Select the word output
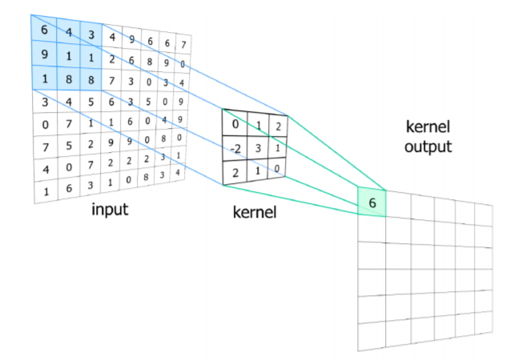coord(428,147)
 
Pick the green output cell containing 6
coord(371,202)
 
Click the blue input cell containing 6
coord(44,30)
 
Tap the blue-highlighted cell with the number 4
coord(70,33)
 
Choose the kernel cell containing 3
coord(258,147)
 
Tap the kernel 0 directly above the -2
coord(235,124)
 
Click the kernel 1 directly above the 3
coord(258,125)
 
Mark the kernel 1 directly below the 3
coord(258,170)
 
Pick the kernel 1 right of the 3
coord(277,147)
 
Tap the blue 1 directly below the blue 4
coord(70,57)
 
